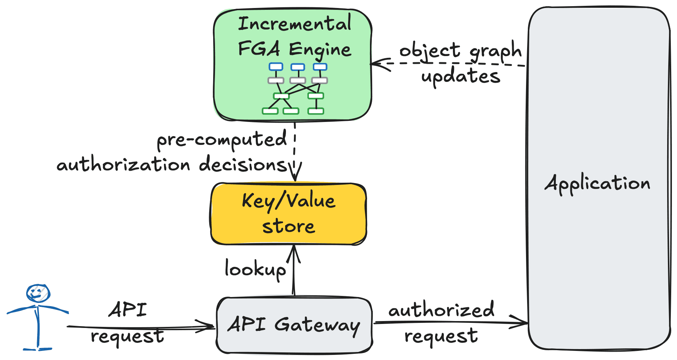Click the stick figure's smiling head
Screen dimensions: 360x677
click(38, 293)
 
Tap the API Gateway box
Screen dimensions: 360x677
click(294, 325)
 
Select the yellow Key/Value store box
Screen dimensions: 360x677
click(288, 214)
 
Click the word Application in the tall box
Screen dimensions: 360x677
click(597, 183)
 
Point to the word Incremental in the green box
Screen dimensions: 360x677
click(295, 24)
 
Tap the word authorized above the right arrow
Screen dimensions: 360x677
click(441, 310)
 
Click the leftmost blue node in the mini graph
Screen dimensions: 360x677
click(276, 67)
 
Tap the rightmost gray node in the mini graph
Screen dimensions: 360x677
click(320, 80)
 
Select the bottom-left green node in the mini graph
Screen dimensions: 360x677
click(270, 111)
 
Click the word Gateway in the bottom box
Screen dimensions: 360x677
click(317, 325)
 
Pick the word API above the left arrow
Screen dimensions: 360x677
click(128, 310)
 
